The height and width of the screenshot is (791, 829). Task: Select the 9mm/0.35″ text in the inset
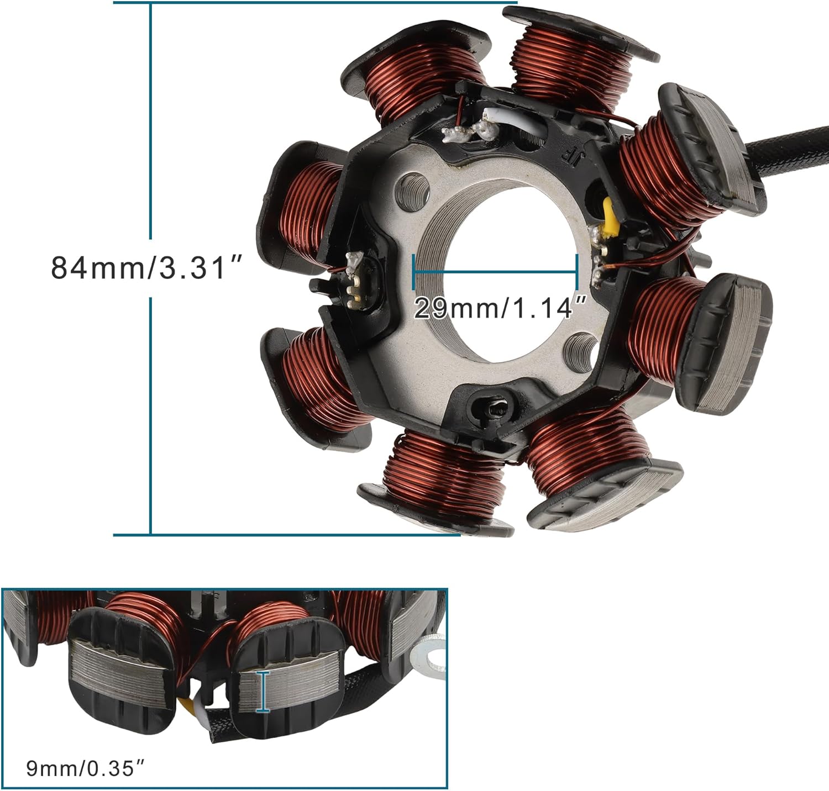coord(87,768)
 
